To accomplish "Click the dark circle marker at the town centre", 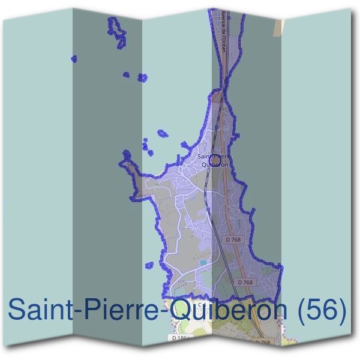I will [x=214, y=160].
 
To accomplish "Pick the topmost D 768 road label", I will [x=233, y=239].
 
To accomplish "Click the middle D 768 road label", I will [x=245, y=281].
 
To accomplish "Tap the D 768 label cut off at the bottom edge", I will [x=263, y=343].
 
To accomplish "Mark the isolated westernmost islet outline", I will [x=74, y=59].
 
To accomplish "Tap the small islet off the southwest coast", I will [x=149, y=265].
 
